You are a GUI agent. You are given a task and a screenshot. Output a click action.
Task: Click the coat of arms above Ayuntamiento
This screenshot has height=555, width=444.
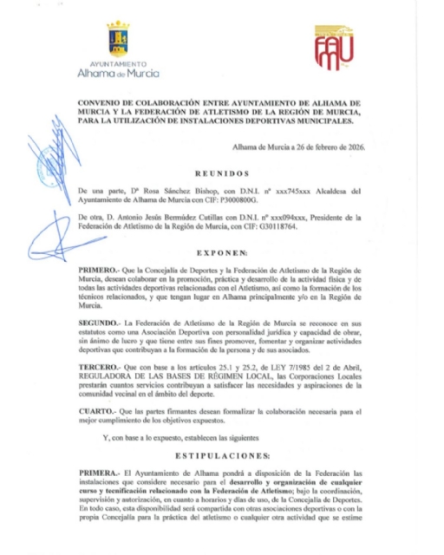point(119,40)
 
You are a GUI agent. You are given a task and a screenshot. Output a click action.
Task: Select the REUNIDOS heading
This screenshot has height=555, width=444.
point(221,173)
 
